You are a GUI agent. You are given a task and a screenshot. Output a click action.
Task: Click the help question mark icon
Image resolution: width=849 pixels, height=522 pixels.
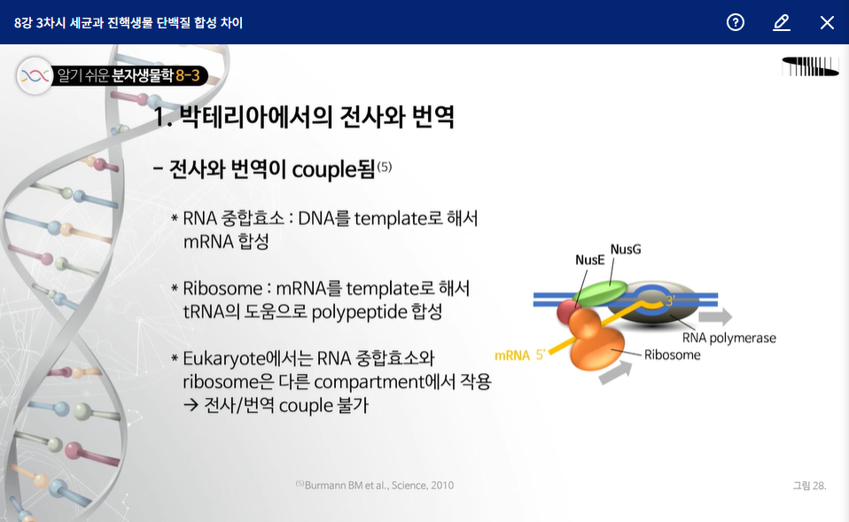[x=736, y=22]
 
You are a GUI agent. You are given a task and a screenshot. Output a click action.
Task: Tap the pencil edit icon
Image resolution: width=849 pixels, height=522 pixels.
[x=782, y=23]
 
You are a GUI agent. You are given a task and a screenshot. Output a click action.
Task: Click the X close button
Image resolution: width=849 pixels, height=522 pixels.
[x=827, y=23]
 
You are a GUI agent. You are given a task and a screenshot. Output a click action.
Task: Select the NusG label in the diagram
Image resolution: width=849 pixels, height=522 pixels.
[x=626, y=249]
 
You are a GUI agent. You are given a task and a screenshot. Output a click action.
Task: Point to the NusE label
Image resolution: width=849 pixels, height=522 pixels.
[x=589, y=260]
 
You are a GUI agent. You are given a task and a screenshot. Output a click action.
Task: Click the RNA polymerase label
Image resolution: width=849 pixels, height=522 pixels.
[x=728, y=338]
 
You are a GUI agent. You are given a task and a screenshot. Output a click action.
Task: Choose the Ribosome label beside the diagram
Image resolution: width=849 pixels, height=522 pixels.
[x=672, y=354]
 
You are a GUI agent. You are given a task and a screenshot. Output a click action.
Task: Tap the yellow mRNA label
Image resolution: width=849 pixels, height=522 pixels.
[x=511, y=355]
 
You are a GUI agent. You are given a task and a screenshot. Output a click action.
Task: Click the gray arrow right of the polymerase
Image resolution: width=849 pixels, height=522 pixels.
[x=715, y=316]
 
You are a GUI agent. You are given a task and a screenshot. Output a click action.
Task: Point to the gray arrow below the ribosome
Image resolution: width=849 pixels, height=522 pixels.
[x=616, y=372]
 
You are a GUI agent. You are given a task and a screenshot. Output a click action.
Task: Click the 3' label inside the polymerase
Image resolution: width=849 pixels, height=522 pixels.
[x=670, y=300]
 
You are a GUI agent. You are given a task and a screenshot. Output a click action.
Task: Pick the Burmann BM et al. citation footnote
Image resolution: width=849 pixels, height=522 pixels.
[x=375, y=485]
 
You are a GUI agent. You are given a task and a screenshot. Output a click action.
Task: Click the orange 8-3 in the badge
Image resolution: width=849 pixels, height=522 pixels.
[x=188, y=75]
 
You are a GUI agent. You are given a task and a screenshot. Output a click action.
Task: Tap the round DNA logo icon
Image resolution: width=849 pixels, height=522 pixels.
[x=35, y=76]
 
